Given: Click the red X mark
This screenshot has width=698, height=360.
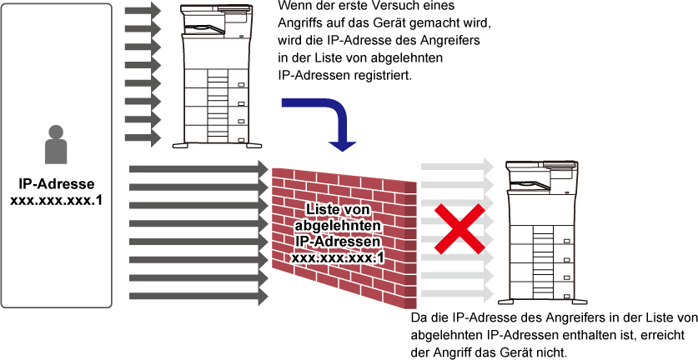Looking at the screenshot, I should click(x=458, y=229).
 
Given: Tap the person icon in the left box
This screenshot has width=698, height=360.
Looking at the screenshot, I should click(x=56, y=145).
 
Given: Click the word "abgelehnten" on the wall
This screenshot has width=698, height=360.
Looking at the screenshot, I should click(x=338, y=225).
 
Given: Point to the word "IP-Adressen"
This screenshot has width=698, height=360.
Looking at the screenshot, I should click(x=338, y=242).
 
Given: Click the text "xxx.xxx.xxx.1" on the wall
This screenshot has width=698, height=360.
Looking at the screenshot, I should click(x=338, y=258).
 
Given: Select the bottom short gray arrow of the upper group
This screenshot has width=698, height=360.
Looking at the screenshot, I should click(x=142, y=137).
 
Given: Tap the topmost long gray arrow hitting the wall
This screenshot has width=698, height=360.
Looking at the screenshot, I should click(x=198, y=169).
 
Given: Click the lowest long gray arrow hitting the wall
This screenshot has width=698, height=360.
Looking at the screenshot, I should click(x=198, y=296).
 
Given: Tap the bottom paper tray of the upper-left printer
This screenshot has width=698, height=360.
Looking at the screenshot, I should click(x=216, y=133).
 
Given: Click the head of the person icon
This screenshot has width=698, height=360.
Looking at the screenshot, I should click(x=56, y=132).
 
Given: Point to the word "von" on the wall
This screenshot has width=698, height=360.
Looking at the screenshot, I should click(x=357, y=209).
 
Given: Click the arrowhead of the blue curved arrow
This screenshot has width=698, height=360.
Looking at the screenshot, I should click(x=342, y=145).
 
